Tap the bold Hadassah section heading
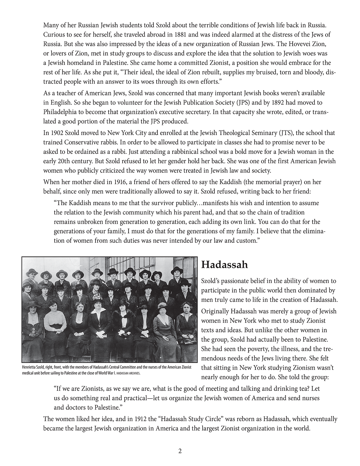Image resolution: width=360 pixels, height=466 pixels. [225, 265]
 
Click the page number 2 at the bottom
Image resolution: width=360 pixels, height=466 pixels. [180, 451]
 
